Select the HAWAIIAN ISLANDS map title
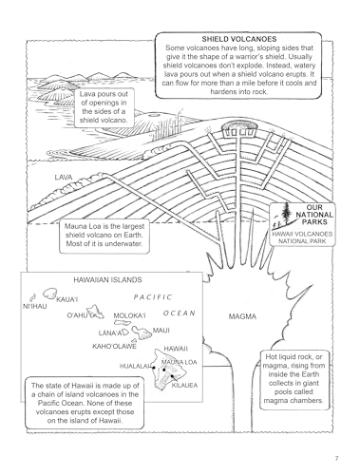[106, 281]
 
